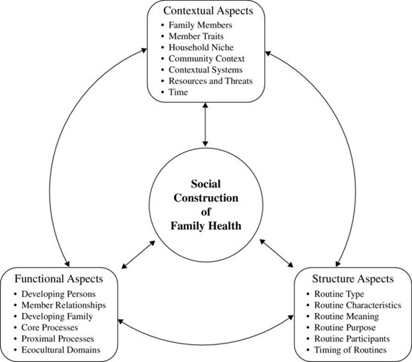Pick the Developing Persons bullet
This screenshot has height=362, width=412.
58,293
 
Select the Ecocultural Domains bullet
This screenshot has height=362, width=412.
61,349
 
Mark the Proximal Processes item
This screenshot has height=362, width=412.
57,338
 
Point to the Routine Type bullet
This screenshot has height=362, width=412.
334,293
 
